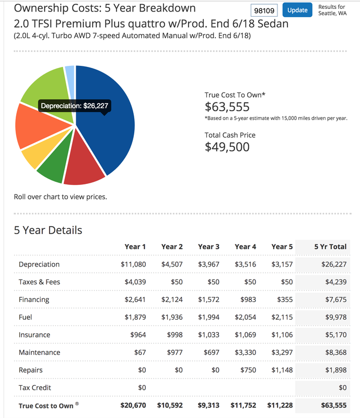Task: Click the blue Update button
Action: pos(297,10)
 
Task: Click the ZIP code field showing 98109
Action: pos(264,10)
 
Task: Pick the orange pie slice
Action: pos(40,125)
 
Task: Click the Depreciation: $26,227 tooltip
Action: pos(74,106)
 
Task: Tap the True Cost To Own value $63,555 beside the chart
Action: pos(227,107)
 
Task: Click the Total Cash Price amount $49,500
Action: pos(227,147)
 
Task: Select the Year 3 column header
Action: pos(209,247)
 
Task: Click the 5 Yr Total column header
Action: pos(330,247)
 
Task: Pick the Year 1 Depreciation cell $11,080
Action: pos(133,264)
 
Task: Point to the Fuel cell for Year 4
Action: pos(246,317)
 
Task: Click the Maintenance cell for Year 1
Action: pos(140,352)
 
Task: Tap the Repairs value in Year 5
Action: pos(282,370)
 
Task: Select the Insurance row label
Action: pos(34,335)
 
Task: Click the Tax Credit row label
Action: pos(34,388)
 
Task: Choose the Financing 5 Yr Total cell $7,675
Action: pos(336,299)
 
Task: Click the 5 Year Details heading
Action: pos(48,230)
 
